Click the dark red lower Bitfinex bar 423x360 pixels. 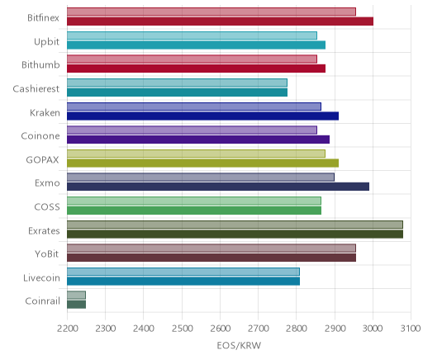(220, 21)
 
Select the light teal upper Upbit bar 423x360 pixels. (192, 36)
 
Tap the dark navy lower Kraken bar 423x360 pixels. (202, 116)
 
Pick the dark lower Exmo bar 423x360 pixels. (218, 187)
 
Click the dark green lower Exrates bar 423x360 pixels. (235, 234)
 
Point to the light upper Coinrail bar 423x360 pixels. (76, 295)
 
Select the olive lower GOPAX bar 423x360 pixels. (202, 163)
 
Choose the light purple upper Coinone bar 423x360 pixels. (192, 130)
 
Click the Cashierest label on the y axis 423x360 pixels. (36, 88)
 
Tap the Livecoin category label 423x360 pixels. (41, 277)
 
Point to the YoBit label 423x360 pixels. (47, 253)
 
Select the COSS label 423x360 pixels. (47, 206)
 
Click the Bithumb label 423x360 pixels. (40, 64)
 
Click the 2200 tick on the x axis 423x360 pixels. (67, 329)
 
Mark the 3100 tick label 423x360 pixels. (411, 329)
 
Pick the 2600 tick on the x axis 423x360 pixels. (220, 329)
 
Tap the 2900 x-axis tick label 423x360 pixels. (335, 329)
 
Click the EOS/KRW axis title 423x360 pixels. (239, 345)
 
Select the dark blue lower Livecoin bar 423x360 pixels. (183, 282)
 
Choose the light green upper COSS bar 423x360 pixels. (194, 201)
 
